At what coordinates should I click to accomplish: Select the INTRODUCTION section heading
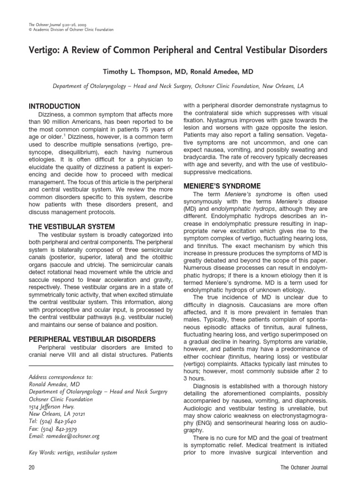tap(54, 106)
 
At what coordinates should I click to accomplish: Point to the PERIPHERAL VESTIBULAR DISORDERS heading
tap(92, 339)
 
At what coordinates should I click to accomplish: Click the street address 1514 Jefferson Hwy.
tap(51, 407)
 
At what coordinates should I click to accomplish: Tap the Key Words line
tap(73, 452)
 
